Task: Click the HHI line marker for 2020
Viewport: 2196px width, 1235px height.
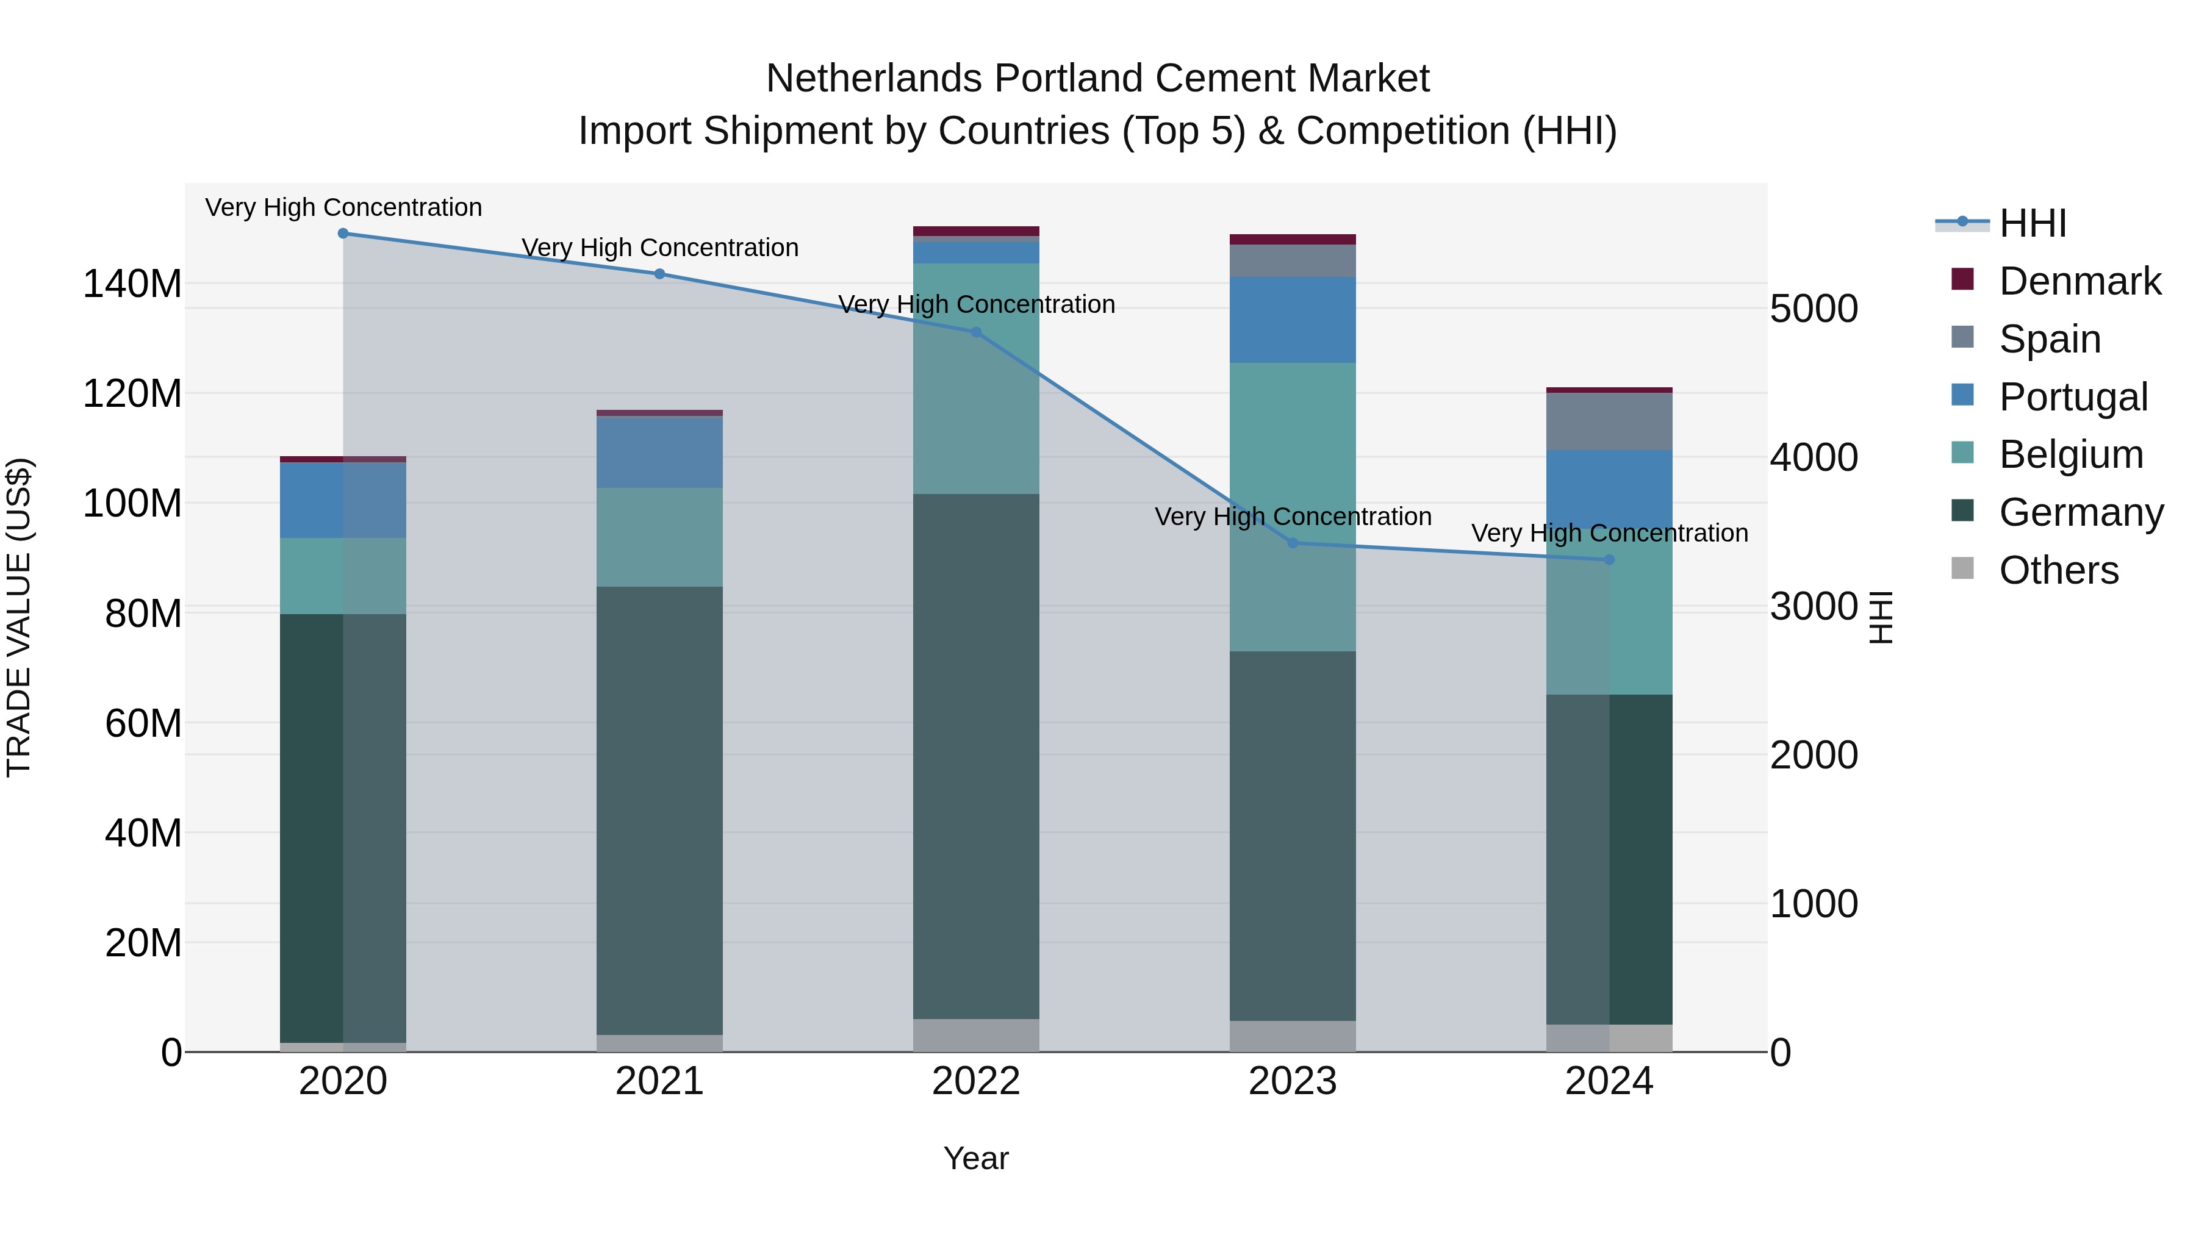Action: pos(343,234)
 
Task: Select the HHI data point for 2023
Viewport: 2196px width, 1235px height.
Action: pos(1293,543)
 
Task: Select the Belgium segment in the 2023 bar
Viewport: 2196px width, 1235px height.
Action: pos(1293,507)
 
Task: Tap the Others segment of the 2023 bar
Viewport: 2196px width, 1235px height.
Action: pos(1293,1036)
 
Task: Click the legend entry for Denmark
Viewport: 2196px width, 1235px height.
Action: pos(2079,281)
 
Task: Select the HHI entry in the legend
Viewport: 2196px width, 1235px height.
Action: pos(2033,223)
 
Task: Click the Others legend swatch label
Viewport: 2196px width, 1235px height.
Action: pos(2058,570)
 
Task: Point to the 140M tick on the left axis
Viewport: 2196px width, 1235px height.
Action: pos(132,284)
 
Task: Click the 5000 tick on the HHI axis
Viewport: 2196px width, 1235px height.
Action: pos(1814,309)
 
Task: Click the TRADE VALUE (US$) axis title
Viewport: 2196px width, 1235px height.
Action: pos(19,617)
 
